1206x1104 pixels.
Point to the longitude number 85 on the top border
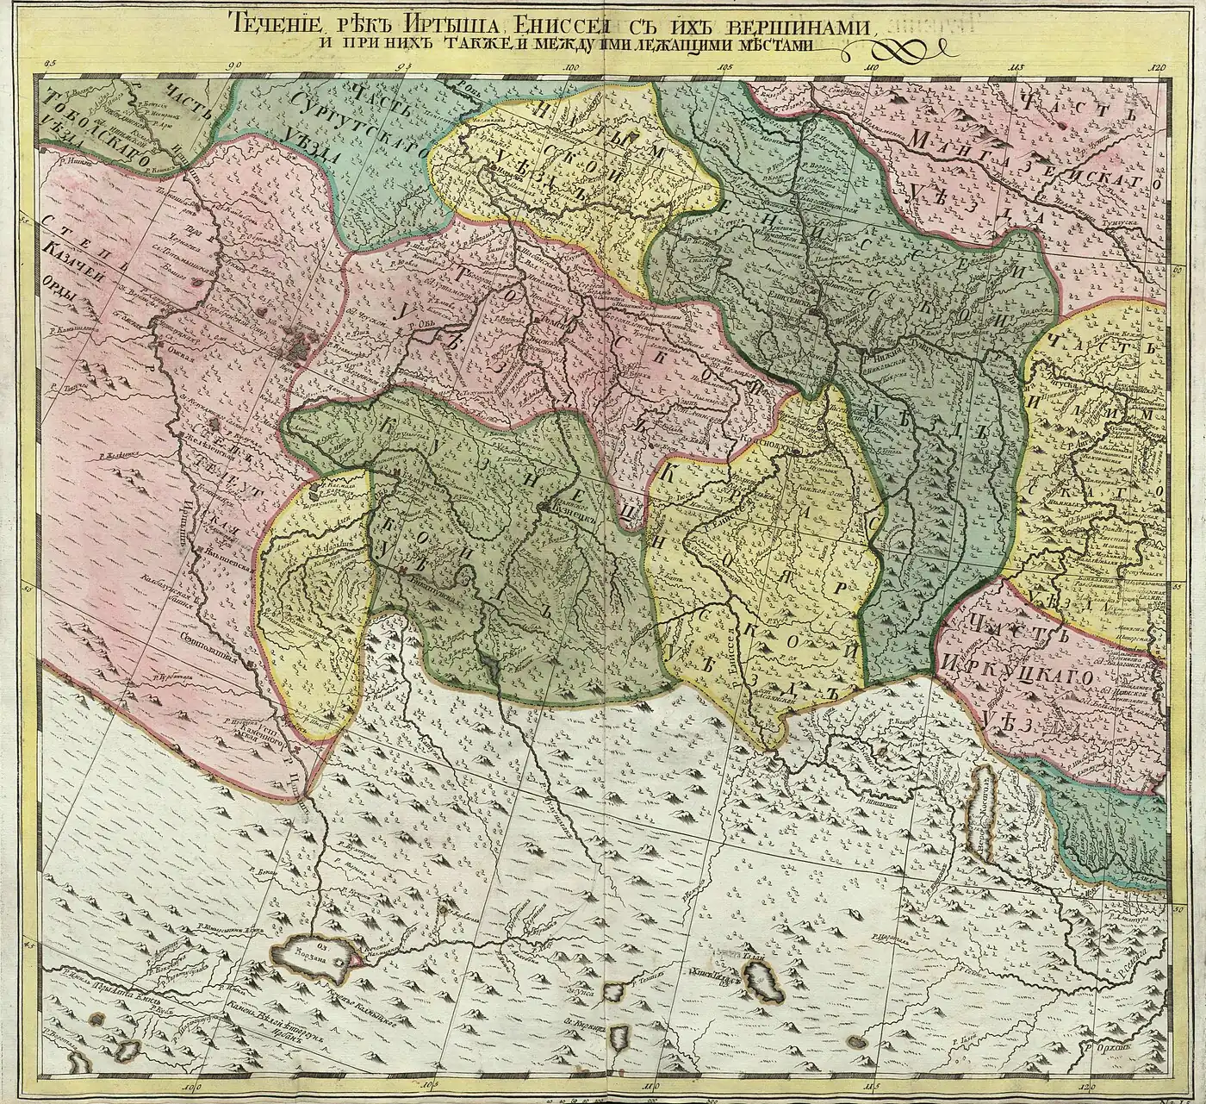click(x=48, y=63)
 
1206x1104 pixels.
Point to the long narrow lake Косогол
click(x=984, y=813)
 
